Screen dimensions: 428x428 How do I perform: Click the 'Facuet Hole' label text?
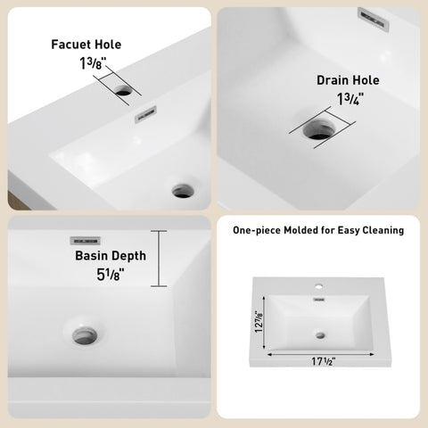point(86,45)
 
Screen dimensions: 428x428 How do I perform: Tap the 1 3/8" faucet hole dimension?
point(93,63)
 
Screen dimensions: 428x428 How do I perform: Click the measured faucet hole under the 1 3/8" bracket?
point(124,90)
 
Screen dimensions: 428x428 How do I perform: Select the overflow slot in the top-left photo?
point(145,114)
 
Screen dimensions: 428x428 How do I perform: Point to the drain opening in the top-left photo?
point(183,191)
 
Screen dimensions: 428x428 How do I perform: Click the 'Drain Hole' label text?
point(348,80)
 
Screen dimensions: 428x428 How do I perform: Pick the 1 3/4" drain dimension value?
point(350,99)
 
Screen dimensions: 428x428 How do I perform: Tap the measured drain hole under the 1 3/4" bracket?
point(319,129)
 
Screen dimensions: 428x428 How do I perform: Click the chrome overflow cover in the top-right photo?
point(374,19)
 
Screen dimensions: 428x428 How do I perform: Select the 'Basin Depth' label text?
point(111,256)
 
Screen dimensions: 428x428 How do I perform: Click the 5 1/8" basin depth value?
point(111,275)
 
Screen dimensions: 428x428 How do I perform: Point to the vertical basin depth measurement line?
point(159,259)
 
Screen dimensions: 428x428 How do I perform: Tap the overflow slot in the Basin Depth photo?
point(85,241)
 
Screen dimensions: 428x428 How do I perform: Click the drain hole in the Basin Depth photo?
point(85,336)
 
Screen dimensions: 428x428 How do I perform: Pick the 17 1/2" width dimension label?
point(324,361)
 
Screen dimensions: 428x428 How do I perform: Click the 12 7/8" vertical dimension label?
point(259,322)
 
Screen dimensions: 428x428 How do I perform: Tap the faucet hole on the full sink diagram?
point(319,287)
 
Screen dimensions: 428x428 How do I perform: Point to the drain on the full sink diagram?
point(320,335)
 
